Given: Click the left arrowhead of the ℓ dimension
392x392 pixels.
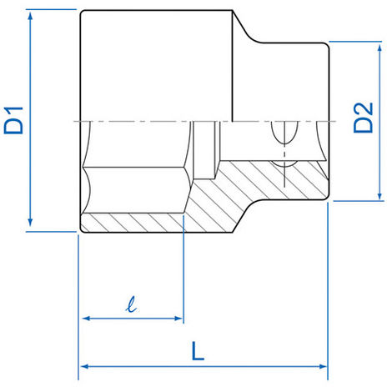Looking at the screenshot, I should pos(85,319).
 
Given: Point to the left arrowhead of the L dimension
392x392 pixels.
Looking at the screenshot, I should pos(84,365).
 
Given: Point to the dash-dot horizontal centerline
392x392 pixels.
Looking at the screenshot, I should pos(150,123).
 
